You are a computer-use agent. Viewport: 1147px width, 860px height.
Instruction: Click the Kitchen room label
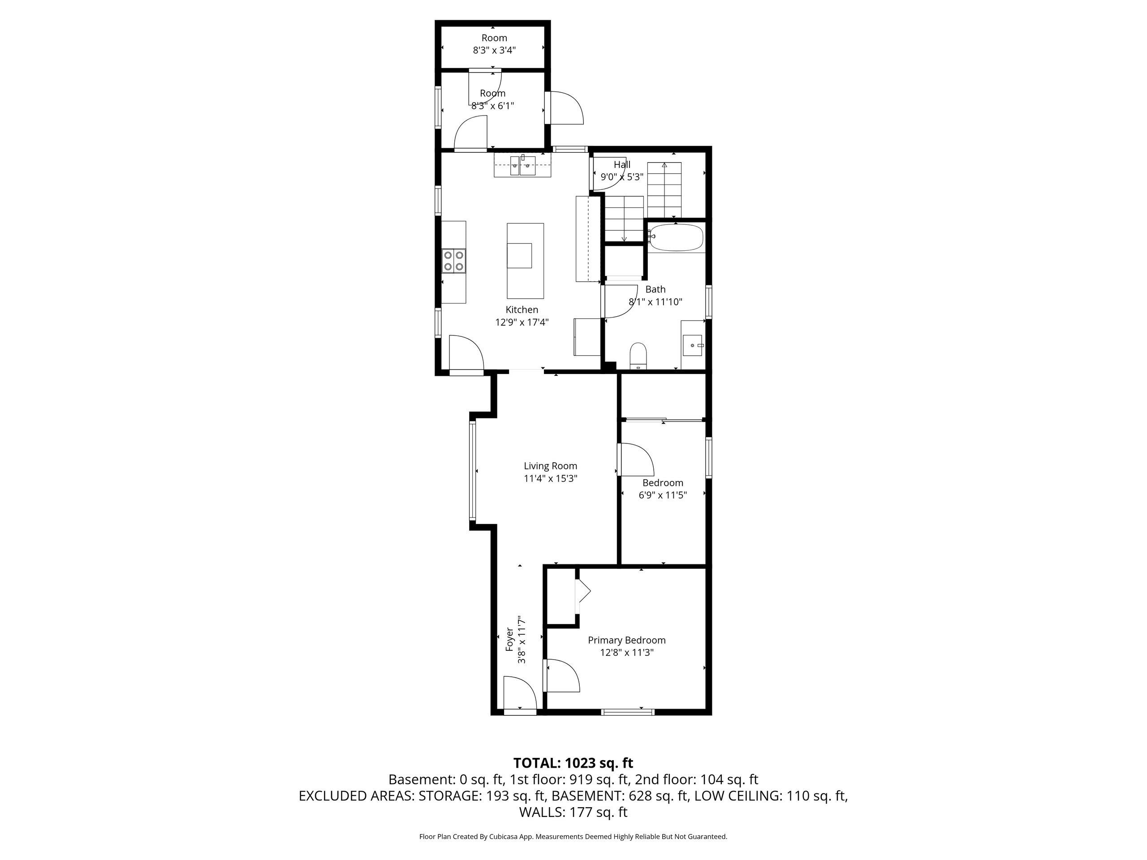[522, 310]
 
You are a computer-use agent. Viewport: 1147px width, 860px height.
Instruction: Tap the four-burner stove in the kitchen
[91, 261]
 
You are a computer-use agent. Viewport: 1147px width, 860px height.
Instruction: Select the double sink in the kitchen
[522, 165]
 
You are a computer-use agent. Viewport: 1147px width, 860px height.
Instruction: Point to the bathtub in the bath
[676, 238]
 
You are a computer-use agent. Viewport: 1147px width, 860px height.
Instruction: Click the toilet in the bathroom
[638, 356]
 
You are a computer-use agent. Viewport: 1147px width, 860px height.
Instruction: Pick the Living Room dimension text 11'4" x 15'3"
[551, 478]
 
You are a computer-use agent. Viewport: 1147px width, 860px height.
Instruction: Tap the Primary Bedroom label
[626, 640]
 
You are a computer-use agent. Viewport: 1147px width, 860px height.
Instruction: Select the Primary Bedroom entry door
[561, 675]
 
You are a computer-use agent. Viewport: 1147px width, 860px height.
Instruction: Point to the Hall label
[622, 164]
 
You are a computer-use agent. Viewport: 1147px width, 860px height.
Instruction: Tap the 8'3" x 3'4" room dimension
[494, 50]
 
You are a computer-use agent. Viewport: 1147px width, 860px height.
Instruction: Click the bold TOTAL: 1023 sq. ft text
[573, 763]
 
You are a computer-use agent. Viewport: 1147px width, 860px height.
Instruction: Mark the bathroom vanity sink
[693, 345]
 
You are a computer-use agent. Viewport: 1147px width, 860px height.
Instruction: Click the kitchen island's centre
[525, 261]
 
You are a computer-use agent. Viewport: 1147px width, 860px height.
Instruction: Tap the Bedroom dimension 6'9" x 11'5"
[663, 495]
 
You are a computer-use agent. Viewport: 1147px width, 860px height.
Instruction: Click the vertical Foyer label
[510, 640]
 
